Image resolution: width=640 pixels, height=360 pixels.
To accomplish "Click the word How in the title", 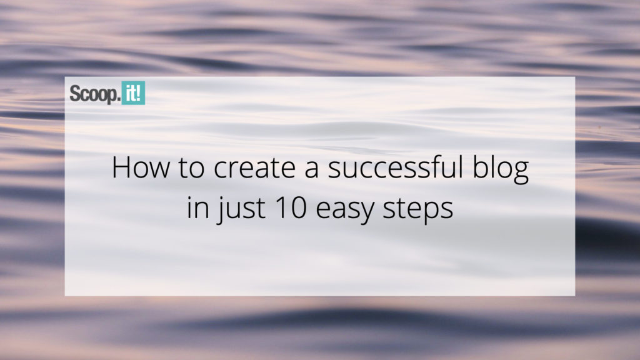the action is coord(141,167).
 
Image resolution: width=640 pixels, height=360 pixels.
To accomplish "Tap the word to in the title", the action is coord(191,168).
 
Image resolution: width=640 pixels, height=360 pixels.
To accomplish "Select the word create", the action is coord(254,168).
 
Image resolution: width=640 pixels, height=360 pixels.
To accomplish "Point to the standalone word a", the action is coord(311,171).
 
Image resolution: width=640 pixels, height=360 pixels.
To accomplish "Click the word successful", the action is coord(396,167).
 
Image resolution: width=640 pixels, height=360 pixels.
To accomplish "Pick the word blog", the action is coord(501,169).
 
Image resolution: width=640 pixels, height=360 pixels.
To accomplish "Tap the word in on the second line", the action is coord(197,207).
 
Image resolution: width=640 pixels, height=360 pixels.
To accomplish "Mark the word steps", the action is coord(418,210).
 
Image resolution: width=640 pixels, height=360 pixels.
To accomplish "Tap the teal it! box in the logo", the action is coord(134,93).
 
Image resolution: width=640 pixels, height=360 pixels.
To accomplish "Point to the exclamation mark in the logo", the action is coord(139,93).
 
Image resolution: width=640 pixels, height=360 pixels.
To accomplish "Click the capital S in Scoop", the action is coord(75,94).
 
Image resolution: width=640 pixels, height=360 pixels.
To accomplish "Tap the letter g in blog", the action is coord(521,174).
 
